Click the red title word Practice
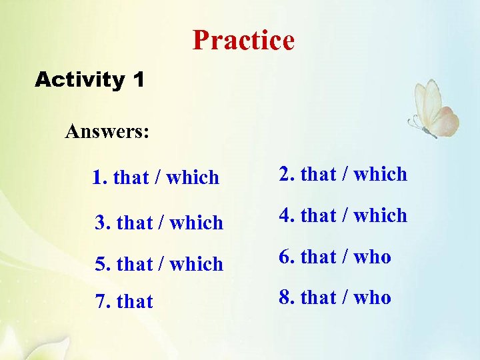243,41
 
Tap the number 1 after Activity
138,81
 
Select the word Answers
107,131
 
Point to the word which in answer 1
193,178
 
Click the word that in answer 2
319,175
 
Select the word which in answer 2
380,175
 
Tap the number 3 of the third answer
101,223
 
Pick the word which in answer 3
196,223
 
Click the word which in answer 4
380,216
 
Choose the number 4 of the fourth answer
285,216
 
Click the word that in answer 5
135,264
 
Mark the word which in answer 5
196,264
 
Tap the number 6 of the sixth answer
285,257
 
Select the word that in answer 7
135,302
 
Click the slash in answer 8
345,297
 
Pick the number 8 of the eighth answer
285,297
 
